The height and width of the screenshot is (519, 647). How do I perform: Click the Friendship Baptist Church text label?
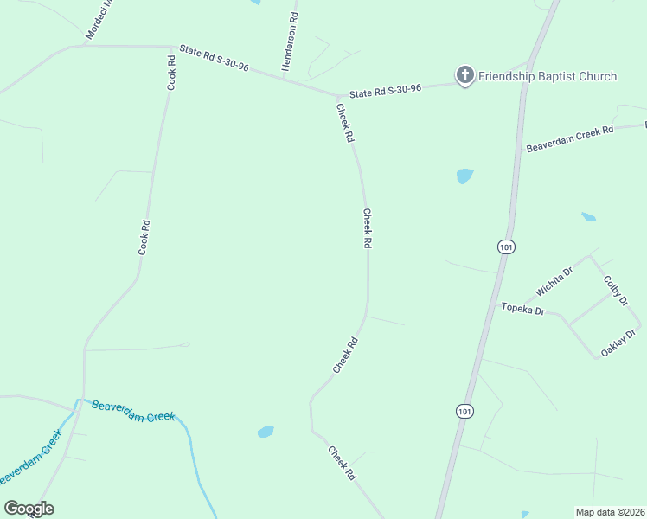tap(548, 76)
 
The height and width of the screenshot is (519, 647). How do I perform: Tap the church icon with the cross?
tap(465, 75)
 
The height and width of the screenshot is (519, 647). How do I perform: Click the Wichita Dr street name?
tap(554, 282)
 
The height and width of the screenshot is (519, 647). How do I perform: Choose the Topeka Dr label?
tap(523, 309)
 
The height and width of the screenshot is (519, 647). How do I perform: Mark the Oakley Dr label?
tap(618, 343)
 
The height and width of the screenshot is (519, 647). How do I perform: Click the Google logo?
tap(29, 509)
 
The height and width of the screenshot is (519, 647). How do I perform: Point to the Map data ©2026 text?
tap(610, 511)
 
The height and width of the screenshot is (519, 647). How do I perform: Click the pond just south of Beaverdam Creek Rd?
tap(464, 176)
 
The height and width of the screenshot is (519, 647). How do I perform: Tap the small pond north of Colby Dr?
tap(588, 216)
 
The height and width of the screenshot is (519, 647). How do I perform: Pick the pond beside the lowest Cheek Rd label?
tap(266, 431)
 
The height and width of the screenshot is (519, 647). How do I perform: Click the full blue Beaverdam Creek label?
tap(133, 411)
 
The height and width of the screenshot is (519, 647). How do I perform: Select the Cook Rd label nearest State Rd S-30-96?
tap(171, 73)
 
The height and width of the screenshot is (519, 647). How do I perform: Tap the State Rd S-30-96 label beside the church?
tap(385, 90)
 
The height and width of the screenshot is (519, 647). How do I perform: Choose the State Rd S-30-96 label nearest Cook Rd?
tap(214, 58)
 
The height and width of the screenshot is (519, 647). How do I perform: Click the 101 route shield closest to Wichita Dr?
tap(506, 247)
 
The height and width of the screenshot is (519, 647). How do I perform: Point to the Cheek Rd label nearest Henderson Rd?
tap(345, 123)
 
